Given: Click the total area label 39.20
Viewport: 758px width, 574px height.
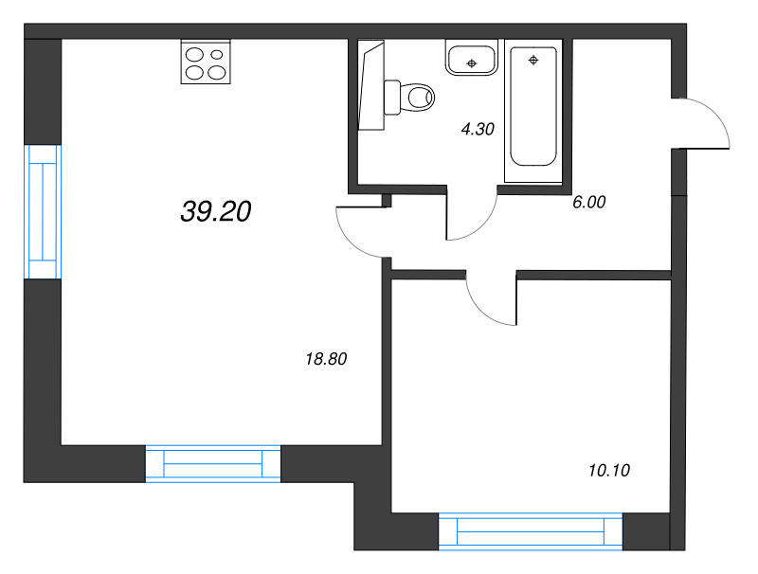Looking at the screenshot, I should (x=215, y=213).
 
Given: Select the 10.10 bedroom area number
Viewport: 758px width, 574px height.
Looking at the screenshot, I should (x=608, y=470).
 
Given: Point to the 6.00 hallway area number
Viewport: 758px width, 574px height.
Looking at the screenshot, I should (x=588, y=201).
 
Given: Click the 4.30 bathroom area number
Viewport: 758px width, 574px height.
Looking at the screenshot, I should (x=478, y=131).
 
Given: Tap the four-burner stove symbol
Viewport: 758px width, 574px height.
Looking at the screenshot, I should (x=206, y=63).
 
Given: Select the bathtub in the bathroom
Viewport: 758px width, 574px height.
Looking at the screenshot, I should (x=534, y=105).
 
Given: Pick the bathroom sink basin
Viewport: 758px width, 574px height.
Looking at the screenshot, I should (x=471, y=58).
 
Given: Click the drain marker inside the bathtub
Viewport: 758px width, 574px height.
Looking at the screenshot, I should (x=534, y=61).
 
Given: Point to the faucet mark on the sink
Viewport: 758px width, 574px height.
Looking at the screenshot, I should (x=471, y=64).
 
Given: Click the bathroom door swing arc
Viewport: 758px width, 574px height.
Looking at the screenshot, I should (x=471, y=216).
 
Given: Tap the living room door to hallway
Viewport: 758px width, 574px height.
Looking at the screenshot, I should (x=360, y=231).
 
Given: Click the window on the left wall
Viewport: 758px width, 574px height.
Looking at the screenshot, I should (x=43, y=212).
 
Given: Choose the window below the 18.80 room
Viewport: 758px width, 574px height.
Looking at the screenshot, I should (x=213, y=463).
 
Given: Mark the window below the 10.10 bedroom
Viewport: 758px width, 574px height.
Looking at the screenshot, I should (x=532, y=530).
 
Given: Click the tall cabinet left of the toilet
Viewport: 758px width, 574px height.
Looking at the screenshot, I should (x=371, y=85).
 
